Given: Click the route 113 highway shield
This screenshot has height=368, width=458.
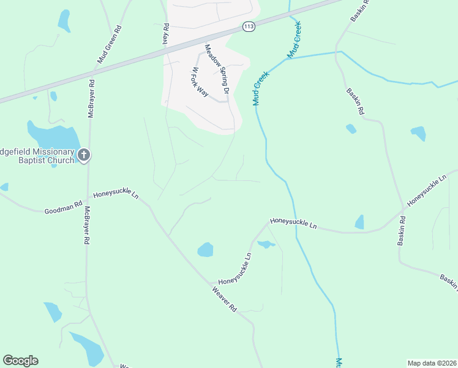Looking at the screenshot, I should (x=248, y=26).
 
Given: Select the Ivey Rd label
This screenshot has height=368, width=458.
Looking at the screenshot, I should (x=165, y=36).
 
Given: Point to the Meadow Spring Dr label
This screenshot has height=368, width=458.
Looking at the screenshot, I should (x=217, y=69).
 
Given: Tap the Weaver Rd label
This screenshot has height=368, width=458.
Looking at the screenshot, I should (x=224, y=299).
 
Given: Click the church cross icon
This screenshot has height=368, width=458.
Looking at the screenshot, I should (x=84, y=156).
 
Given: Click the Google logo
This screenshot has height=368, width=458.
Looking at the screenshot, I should (x=20, y=360).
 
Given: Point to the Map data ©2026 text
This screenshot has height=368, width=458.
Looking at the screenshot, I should (x=431, y=363).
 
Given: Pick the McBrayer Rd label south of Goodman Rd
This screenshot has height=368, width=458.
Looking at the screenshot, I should (x=87, y=226).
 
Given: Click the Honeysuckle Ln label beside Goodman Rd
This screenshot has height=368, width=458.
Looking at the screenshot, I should (x=116, y=194).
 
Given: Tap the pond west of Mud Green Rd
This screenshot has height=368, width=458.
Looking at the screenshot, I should (x=64, y=20).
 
